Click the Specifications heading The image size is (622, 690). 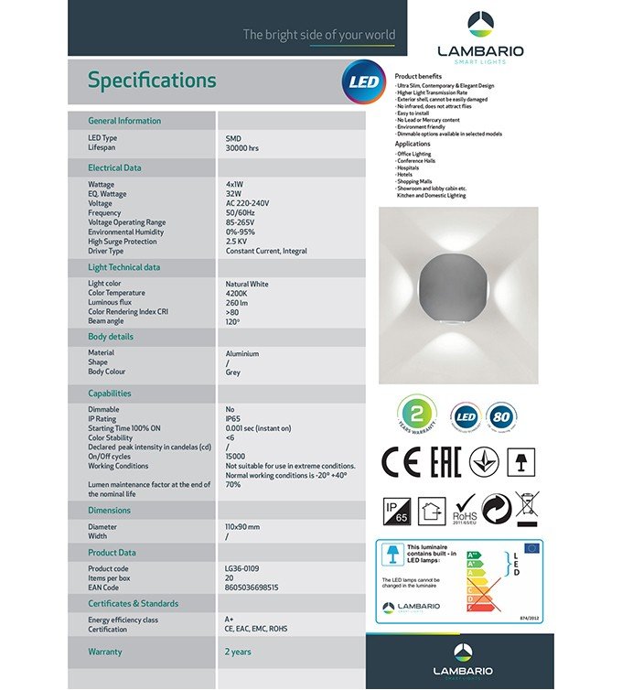click(x=152, y=81)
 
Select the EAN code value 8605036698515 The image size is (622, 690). click(x=252, y=588)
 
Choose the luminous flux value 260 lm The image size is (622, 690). click(x=238, y=303)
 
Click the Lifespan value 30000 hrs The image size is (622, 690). click(x=242, y=147)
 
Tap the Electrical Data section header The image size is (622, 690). click(x=114, y=168)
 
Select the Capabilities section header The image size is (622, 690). click(x=110, y=394)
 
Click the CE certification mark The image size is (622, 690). click(x=401, y=462)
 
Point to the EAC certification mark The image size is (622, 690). click(x=445, y=462)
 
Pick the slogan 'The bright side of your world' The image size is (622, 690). click(x=318, y=36)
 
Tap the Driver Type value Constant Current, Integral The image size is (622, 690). click(x=266, y=251)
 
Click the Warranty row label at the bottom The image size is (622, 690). click(x=105, y=652)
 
